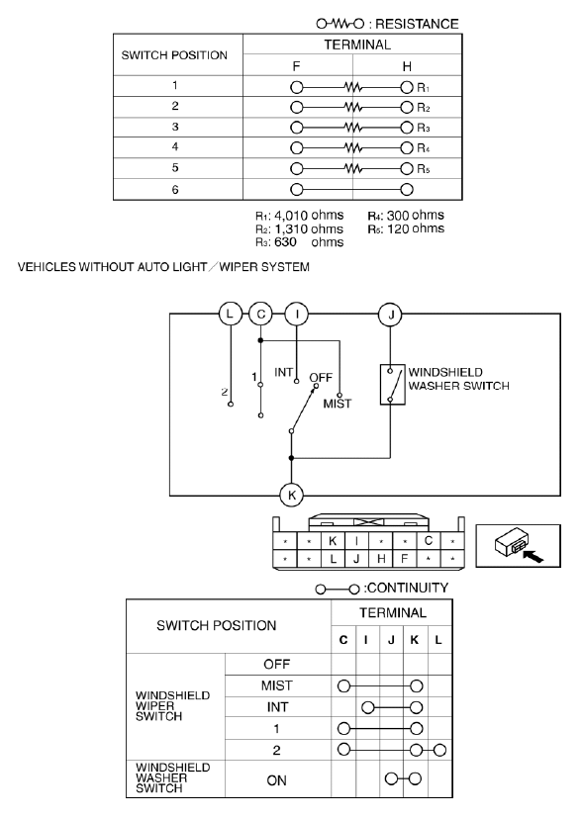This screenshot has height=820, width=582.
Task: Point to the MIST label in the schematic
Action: [338, 404]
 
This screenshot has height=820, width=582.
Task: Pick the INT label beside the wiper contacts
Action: [283, 372]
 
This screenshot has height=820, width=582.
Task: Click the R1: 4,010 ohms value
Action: [299, 216]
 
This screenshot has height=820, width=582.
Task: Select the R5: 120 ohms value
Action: [406, 229]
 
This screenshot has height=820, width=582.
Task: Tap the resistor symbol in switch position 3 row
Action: [353, 128]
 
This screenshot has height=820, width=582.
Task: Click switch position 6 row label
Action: [175, 189]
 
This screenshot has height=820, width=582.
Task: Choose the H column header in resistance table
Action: [407, 66]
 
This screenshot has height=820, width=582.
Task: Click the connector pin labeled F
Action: [404, 559]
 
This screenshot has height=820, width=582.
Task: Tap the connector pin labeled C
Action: [429, 541]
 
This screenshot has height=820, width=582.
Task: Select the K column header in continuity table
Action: [415, 640]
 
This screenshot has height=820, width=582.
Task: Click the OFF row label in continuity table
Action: [277, 664]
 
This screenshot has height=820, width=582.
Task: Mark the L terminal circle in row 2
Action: [439, 751]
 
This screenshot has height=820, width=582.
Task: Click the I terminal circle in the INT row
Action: [368, 707]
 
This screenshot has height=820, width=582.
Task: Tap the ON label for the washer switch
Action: [276, 780]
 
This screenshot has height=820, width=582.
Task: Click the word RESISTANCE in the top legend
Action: [417, 24]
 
